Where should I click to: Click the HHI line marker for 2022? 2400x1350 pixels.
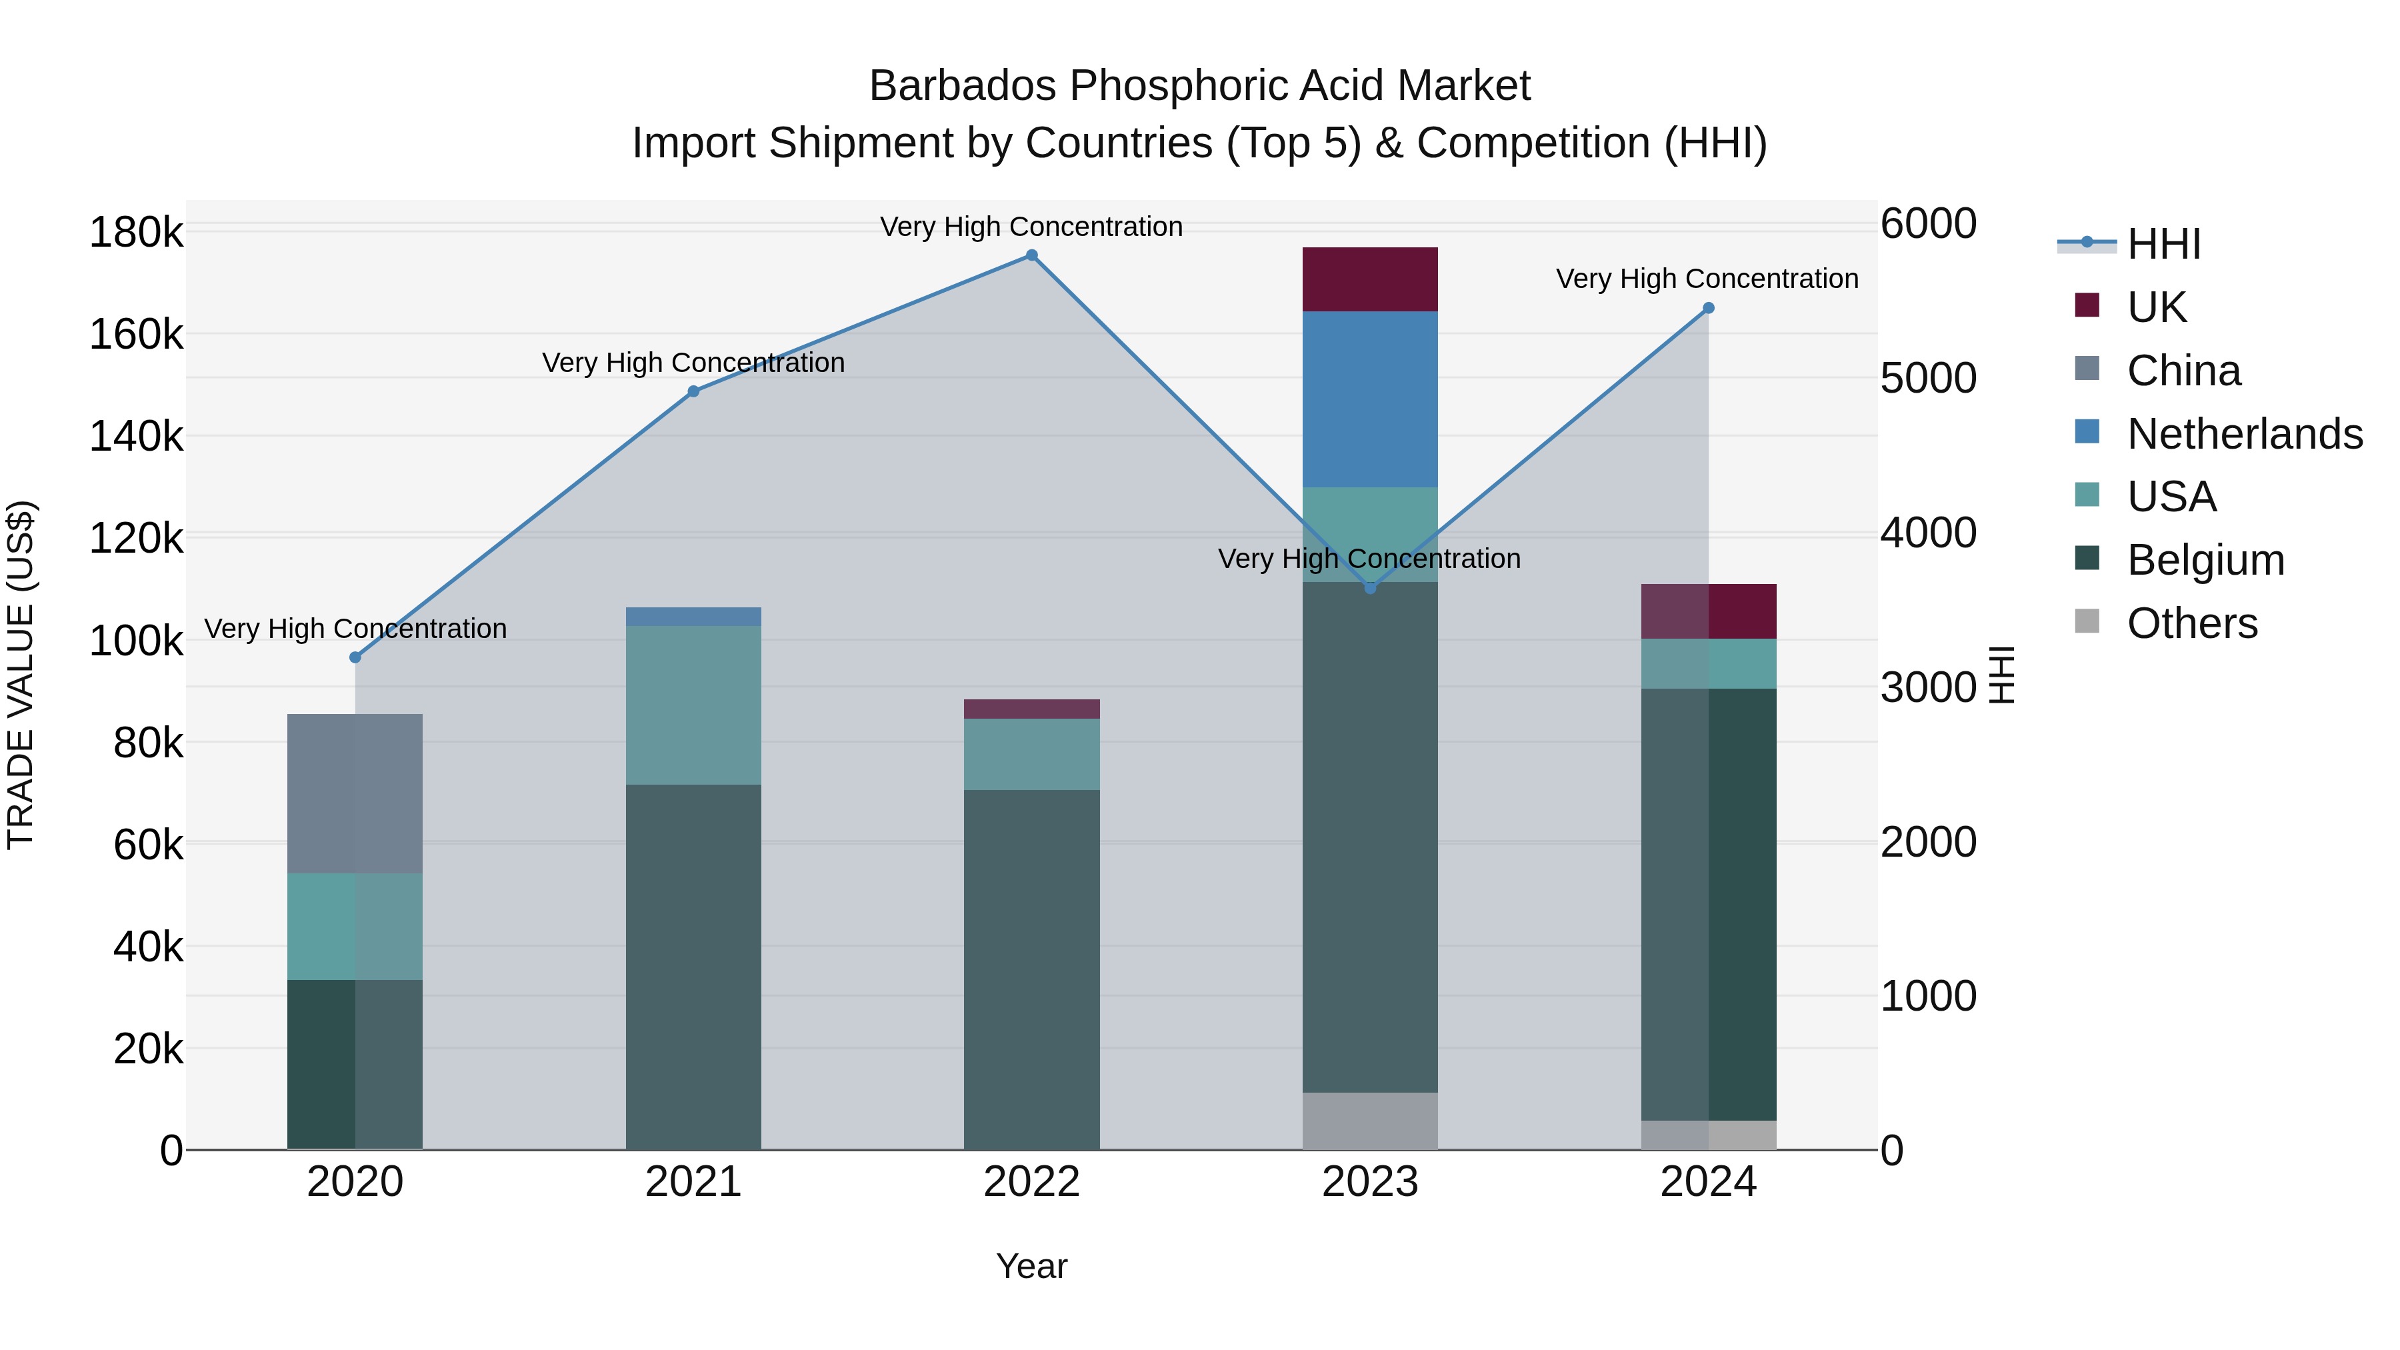coord(1031,255)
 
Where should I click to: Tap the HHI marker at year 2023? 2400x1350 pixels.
coord(1369,588)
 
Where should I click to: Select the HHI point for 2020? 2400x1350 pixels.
coord(355,658)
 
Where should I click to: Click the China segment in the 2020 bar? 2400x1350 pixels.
coord(355,794)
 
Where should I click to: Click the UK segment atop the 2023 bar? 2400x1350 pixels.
coord(1369,279)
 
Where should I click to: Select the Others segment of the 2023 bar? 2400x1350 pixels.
coord(1369,1121)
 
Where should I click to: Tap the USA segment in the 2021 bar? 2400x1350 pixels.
coord(693,705)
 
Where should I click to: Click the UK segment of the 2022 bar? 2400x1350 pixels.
coord(1031,709)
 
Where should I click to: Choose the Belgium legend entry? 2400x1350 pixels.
coord(2205,560)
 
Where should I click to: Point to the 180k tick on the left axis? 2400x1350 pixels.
coord(136,232)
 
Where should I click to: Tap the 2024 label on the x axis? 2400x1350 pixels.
coord(1708,1182)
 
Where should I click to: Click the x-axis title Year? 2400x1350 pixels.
coord(1031,1266)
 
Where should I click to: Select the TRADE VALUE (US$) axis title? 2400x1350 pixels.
coord(21,675)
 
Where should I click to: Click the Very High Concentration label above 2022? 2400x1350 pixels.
coord(1031,227)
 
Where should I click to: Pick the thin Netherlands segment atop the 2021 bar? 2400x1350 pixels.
coord(693,617)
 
